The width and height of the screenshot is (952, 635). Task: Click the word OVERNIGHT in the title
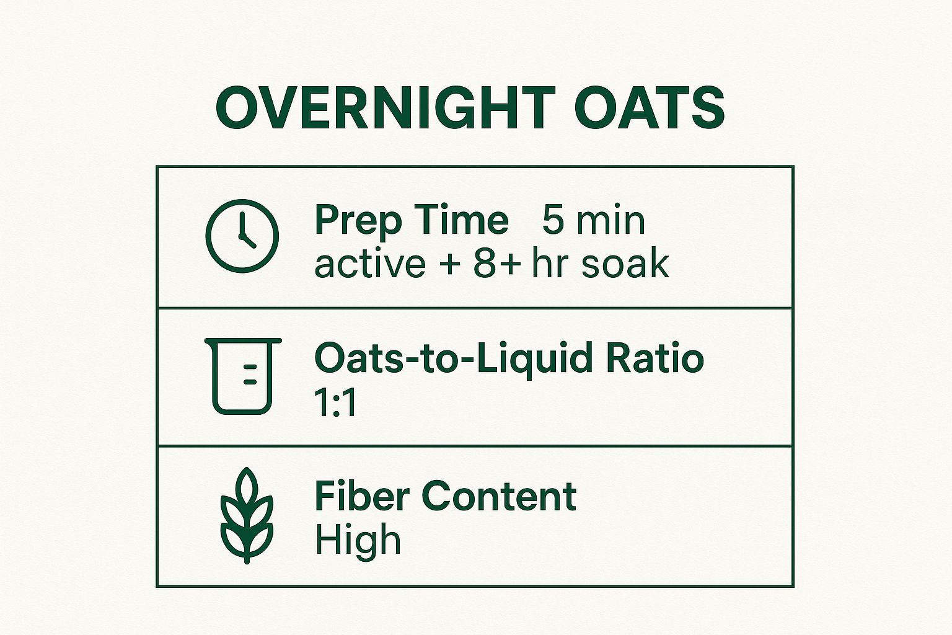click(x=385, y=108)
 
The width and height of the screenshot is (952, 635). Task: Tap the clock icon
click(x=242, y=236)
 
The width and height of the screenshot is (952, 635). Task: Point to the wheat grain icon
click(x=247, y=515)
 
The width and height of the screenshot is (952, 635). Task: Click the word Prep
click(x=359, y=221)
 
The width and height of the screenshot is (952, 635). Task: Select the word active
click(x=369, y=264)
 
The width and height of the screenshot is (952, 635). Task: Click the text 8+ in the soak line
click(x=496, y=264)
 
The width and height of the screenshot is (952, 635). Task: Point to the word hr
click(x=550, y=264)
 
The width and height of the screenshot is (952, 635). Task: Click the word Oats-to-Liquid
click(x=455, y=358)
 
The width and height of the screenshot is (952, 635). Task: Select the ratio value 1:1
click(x=336, y=402)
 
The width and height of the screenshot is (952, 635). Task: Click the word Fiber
click(x=362, y=496)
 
